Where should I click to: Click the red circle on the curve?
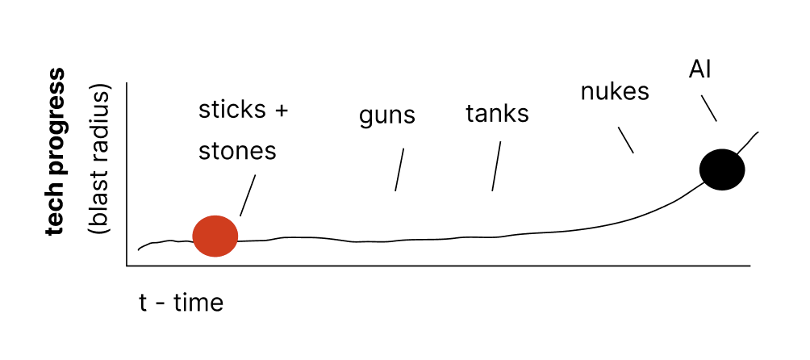215,236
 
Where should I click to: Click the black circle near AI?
721,170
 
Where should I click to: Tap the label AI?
699,69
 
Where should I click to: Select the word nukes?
615,92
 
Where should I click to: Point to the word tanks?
497,114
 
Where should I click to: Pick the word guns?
386,117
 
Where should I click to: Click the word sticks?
233,110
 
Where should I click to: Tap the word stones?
237,151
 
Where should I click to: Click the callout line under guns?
399,170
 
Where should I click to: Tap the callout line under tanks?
496,167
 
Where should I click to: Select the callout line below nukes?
625,140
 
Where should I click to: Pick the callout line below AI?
708,109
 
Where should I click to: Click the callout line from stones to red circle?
248,195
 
